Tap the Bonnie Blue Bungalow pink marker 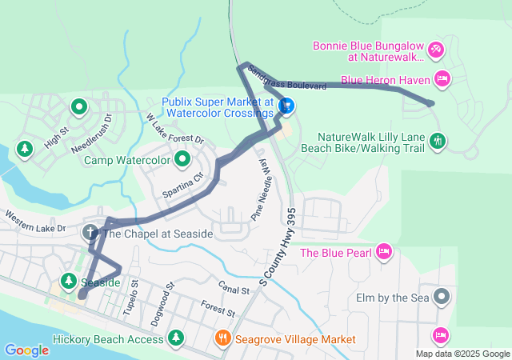click(x=436, y=50)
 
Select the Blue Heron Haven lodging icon click(x=442, y=78)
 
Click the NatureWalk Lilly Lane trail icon click(x=437, y=142)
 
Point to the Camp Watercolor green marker click(x=182, y=159)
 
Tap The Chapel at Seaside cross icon click(x=90, y=232)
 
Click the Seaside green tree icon click(x=68, y=282)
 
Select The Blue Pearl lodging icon click(x=383, y=253)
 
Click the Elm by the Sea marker click(x=442, y=298)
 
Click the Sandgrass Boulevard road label click(x=286, y=78)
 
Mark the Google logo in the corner click(x=26, y=350)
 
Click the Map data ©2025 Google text click(x=462, y=354)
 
